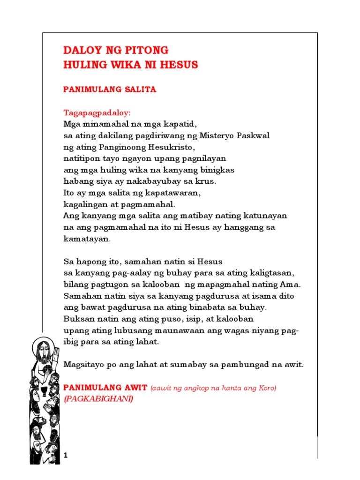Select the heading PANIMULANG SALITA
pos(110,90)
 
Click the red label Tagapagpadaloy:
pos(97,113)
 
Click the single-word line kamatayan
pos(87,238)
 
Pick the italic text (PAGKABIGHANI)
pos(98,399)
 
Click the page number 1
pos(66,456)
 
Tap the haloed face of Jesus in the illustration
pos(41,350)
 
